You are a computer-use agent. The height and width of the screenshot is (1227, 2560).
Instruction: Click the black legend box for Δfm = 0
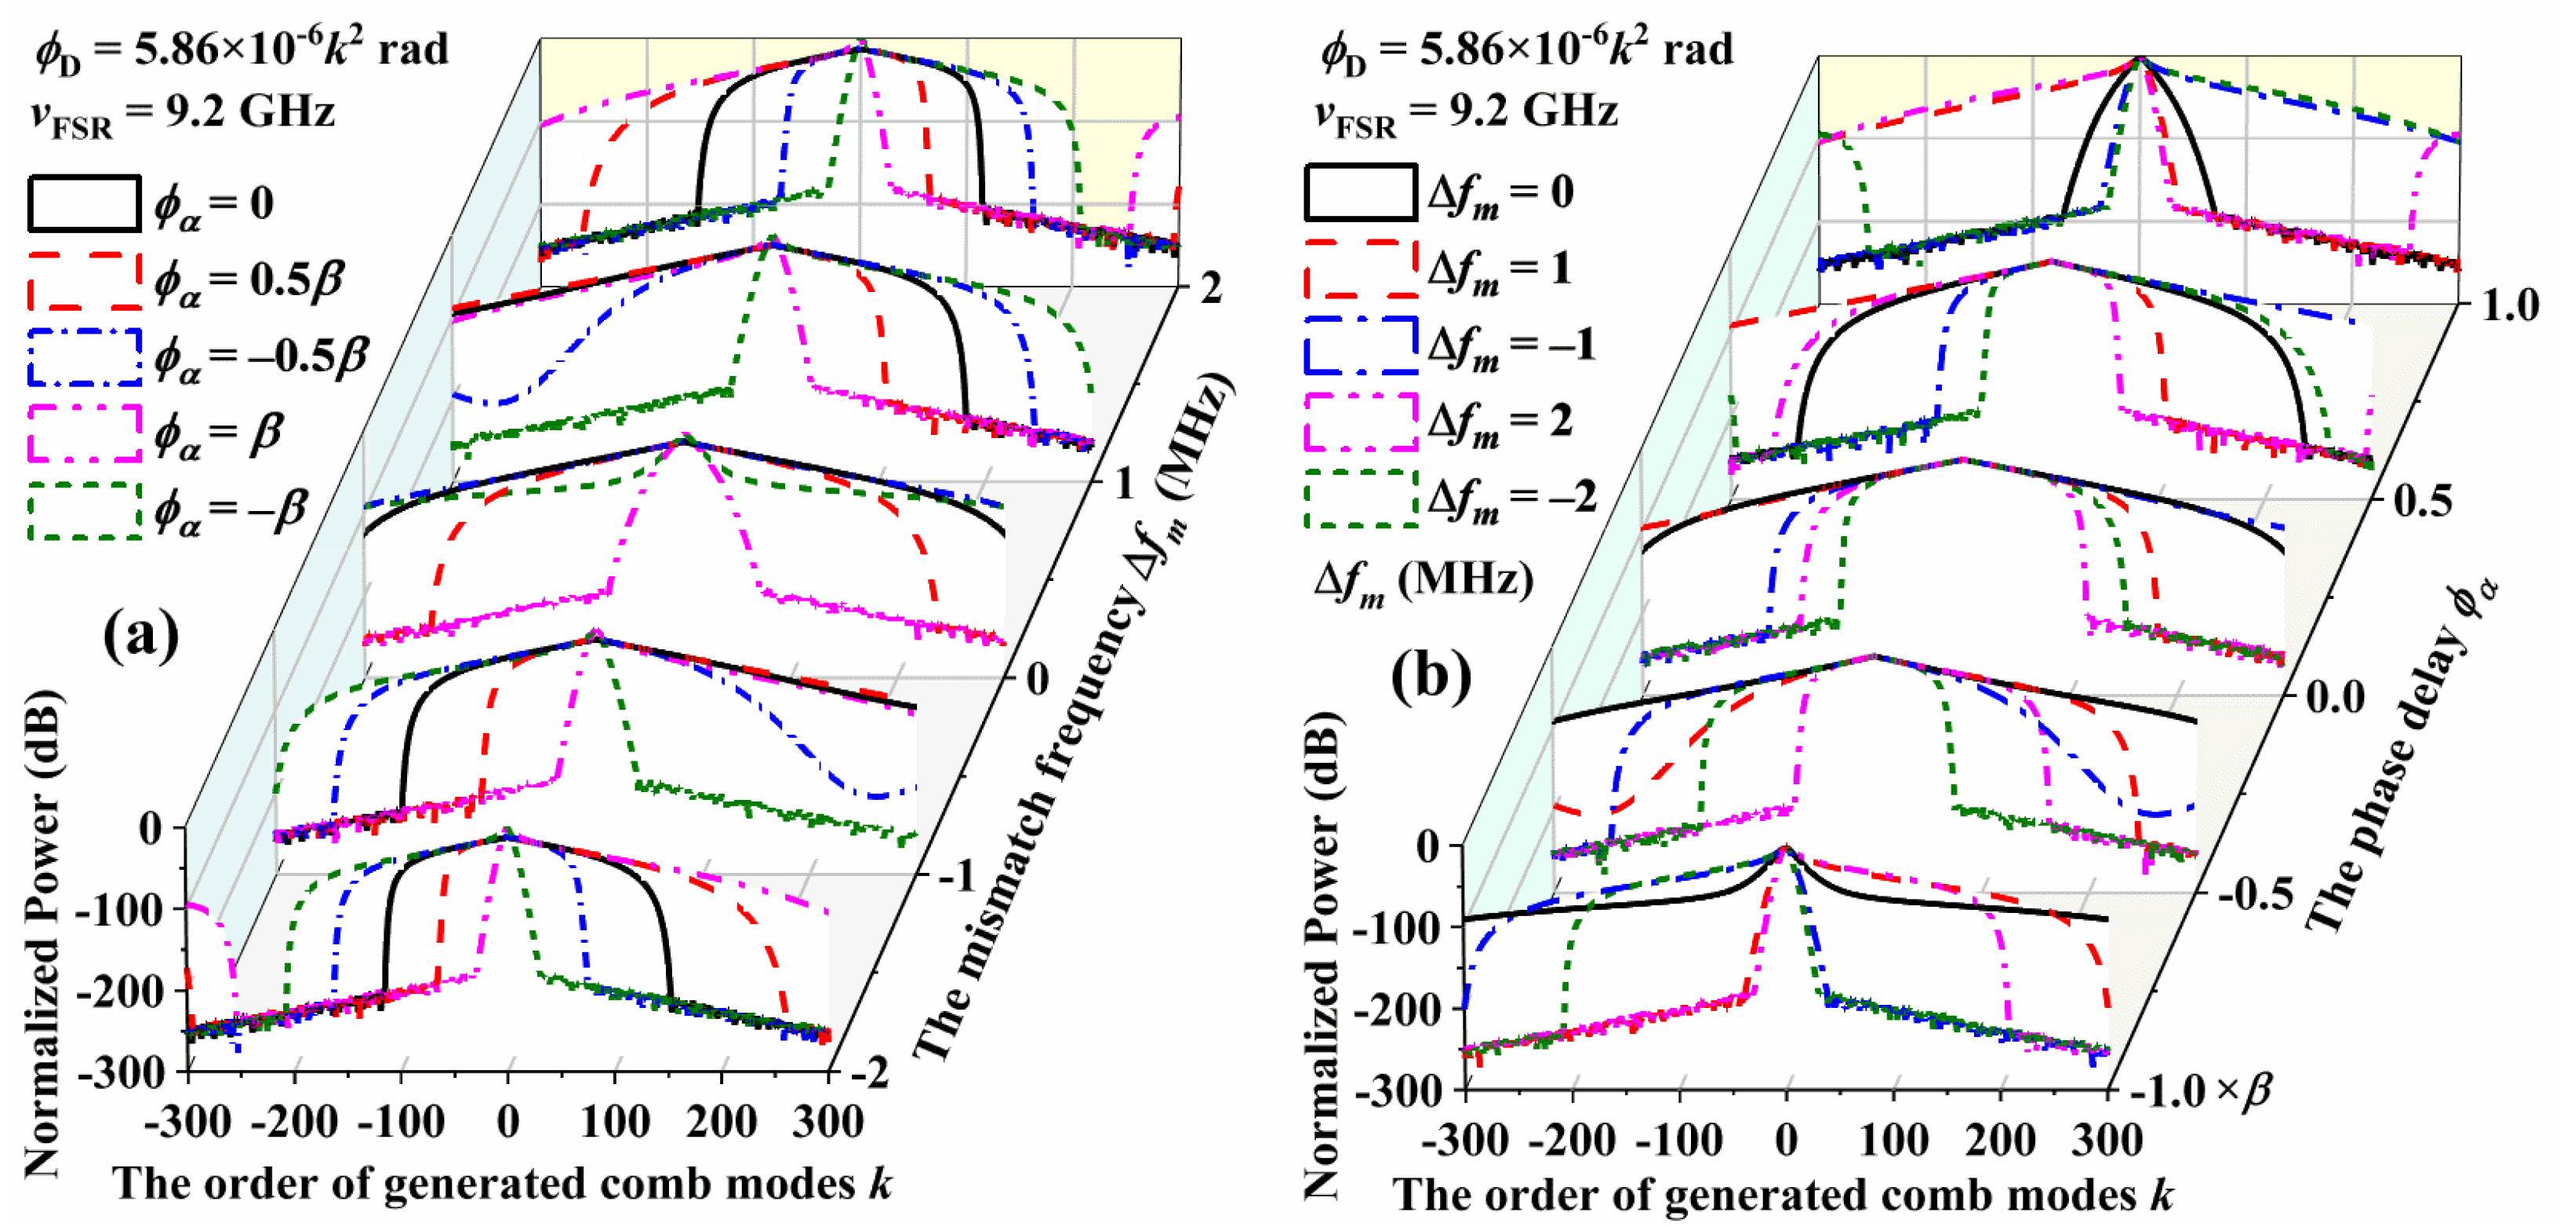coord(1359,192)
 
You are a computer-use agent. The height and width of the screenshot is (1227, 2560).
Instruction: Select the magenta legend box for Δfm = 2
coord(1359,422)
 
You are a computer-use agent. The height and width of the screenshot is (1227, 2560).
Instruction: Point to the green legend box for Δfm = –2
coord(1359,497)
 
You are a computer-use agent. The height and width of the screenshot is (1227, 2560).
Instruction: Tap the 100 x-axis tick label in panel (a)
coord(614,1123)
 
